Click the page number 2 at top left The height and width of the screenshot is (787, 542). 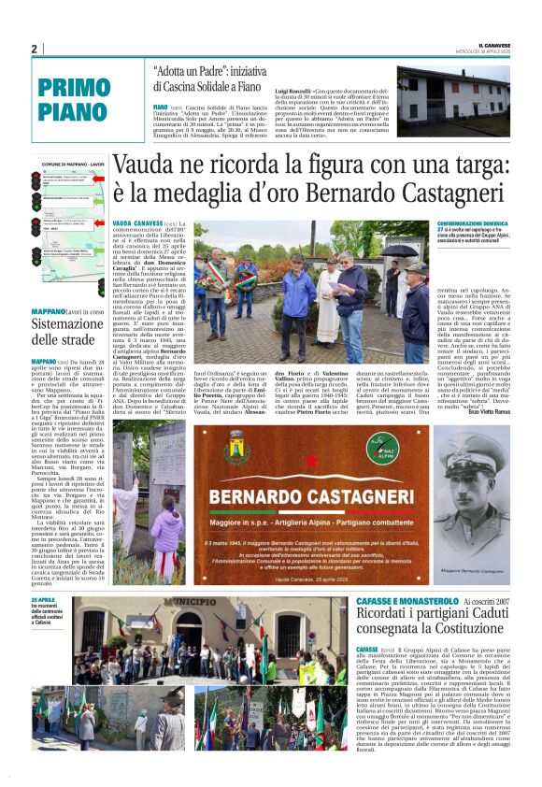pos(34,49)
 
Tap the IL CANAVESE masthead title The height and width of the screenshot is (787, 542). pos(490,44)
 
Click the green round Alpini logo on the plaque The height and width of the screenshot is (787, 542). pos(383,451)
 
